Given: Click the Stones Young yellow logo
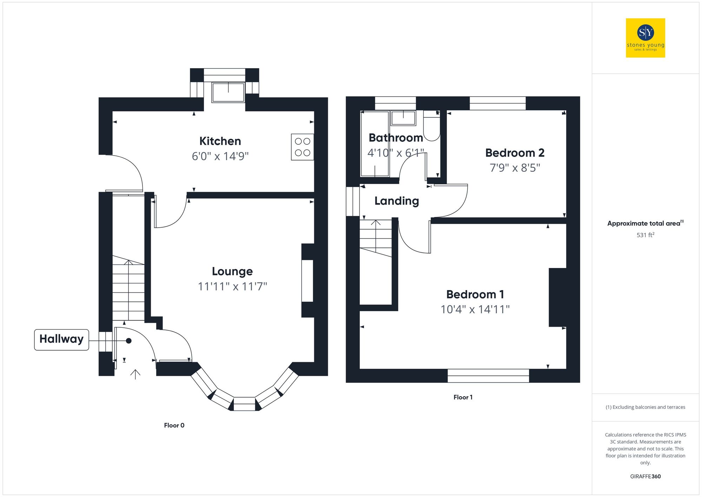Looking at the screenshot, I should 645,38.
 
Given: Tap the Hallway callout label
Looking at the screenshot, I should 61,339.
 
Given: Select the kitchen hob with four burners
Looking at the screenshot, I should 302,147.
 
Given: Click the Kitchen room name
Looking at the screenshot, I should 220,141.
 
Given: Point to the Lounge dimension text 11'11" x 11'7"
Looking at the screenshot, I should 232,287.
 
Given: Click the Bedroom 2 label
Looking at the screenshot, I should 515,153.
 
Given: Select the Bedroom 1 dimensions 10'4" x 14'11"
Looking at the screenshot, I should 475,309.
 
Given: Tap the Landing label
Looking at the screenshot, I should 397,201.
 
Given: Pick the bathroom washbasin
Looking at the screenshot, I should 403,118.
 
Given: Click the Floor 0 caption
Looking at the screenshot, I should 174,425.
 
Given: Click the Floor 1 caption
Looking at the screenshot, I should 463,397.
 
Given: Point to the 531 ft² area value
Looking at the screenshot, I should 645,235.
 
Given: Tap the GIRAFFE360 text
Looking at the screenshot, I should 645,477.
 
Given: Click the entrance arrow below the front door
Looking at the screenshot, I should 135,374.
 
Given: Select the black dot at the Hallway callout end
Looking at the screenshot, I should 129,341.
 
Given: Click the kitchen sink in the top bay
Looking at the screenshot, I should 228,92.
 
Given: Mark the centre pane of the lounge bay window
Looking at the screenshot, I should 244,404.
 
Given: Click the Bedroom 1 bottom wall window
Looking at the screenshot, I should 488,375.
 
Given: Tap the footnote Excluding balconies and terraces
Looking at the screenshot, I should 645,407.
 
